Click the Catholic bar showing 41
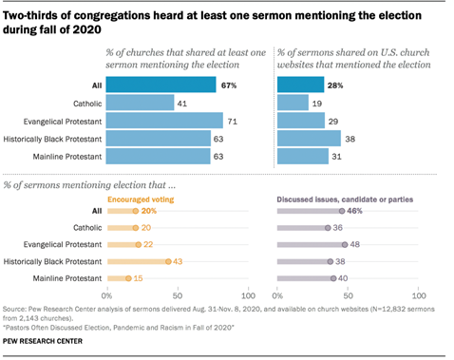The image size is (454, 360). tap(140, 103)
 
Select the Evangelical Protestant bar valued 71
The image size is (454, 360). tap(164, 121)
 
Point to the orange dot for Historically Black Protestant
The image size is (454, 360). tap(167, 261)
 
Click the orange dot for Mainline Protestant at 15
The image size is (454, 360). tap(128, 278)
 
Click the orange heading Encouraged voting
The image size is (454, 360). tap(141, 199)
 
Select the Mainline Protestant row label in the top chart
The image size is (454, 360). tap(68, 157)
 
